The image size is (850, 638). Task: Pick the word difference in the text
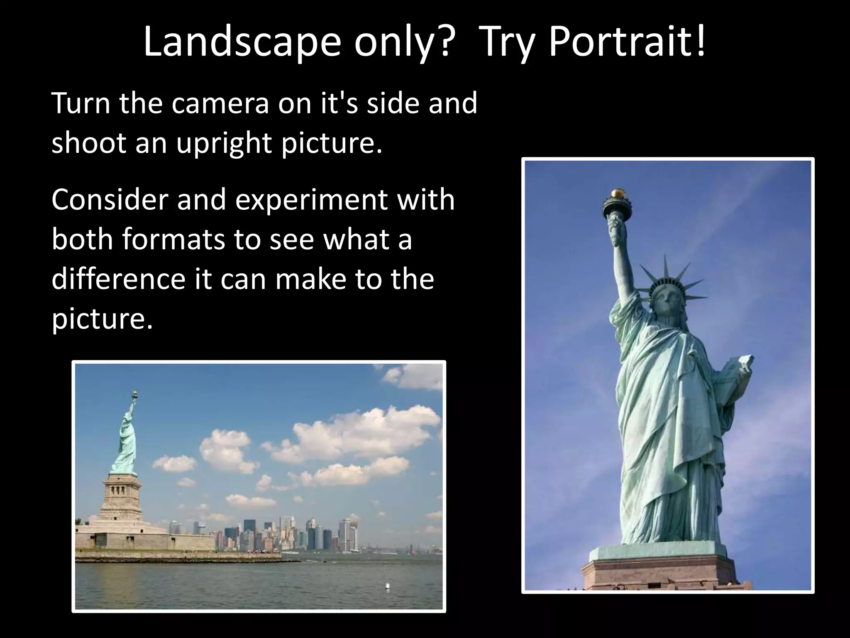(x=118, y=279)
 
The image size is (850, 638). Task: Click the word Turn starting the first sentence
(x=81, y=104)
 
